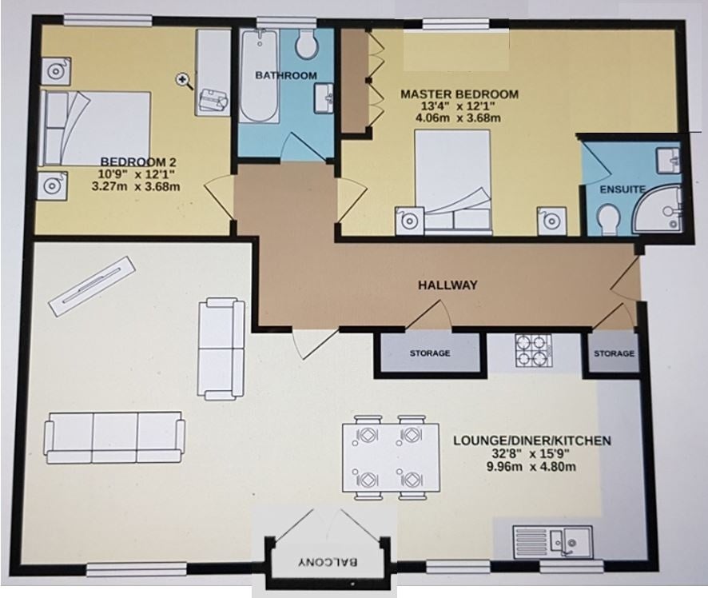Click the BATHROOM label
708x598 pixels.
pyautogui.click(x=286, y=75)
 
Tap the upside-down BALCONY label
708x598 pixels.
pyautogui.click(x=328, y=562)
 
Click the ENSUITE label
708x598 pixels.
pyautogui.click(x=622, y=189)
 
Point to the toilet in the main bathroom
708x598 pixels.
pyautogui.click(x=307, y=44)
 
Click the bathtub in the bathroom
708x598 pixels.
pyautogui.click(x=258, y=76)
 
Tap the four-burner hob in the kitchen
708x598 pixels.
pyautogui.click(x=533, y=350)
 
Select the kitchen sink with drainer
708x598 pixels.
pyautogui.click(x=553, y=541)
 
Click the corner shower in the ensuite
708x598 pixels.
pyautogui.click(x=659, y=208)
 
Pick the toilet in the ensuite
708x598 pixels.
pyautogui.click(x=608, y=220)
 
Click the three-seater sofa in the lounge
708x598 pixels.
pyautogui.click(x=114, y=437)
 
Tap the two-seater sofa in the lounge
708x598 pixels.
pyautogui.click(x=221, y=349)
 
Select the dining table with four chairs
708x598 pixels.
pyautogui.click(x=391, y=457)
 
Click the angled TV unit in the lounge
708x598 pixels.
pyautogui.click(x=92, y=286)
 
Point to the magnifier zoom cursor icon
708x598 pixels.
pyautogui.click(x=183, y=81)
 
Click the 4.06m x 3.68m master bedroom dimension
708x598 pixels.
pyautogui.click(x=458, y=118)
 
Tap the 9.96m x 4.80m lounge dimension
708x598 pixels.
pyautogui.click(x=531, y=467)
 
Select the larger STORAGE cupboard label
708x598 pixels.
pyautogui.click(x=430, y=353)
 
